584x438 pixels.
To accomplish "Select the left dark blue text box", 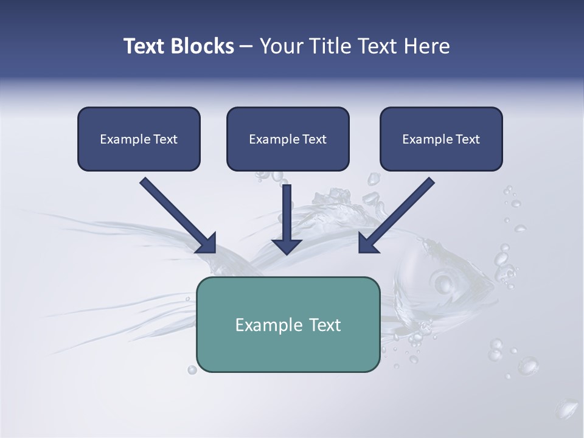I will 139,139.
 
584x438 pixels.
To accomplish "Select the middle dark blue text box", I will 288,139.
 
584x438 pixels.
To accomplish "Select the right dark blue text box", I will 441,139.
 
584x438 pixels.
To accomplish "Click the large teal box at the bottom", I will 288,324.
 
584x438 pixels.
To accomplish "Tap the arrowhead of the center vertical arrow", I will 287,246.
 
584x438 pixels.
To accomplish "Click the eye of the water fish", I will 442,282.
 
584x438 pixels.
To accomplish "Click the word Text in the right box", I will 468,139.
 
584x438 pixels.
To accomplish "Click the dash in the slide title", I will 246,47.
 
